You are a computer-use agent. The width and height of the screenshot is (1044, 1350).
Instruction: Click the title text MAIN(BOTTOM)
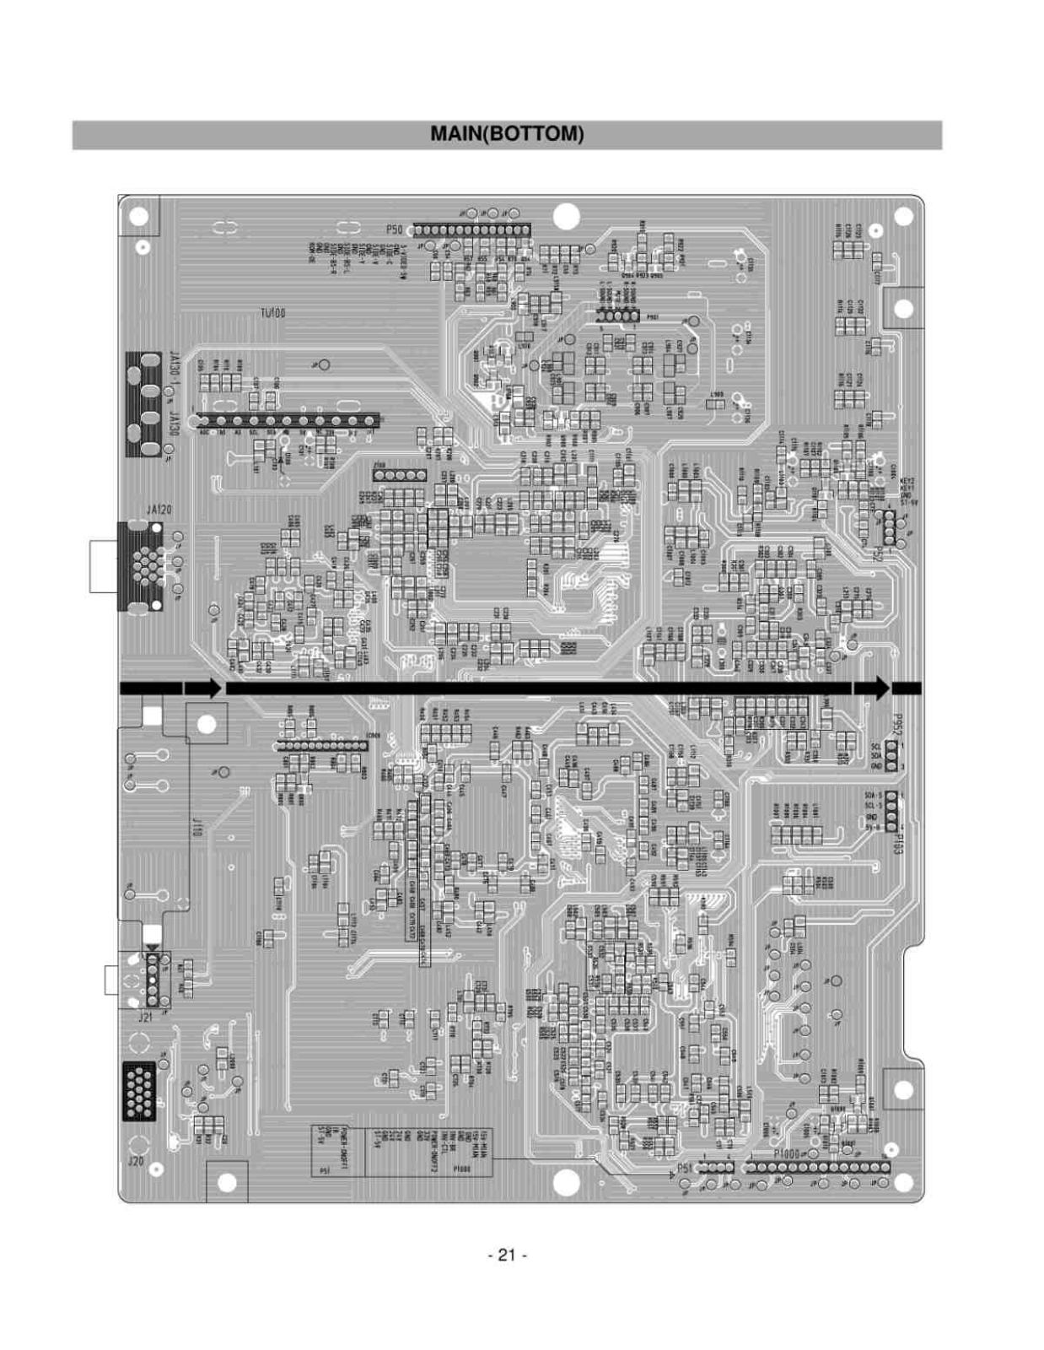tap(507, 134)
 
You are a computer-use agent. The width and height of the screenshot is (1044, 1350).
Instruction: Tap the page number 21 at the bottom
tap(507, 1255)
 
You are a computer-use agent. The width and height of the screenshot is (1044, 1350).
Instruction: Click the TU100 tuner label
tap(272, 312)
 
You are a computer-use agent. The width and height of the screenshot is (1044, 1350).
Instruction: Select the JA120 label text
tap(159, 510)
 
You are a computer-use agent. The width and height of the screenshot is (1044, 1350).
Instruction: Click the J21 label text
tap(145, 1018)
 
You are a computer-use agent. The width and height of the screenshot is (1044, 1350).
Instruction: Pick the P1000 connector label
tap(786, 1153)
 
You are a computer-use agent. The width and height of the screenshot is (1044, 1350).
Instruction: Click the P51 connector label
tap(686, 1168)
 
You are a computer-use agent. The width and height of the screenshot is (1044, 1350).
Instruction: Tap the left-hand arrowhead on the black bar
tap(213, 688)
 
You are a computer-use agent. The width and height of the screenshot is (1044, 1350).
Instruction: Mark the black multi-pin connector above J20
tap(139, 1091)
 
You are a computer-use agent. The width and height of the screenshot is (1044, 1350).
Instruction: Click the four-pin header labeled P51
tap(716, 1167)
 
